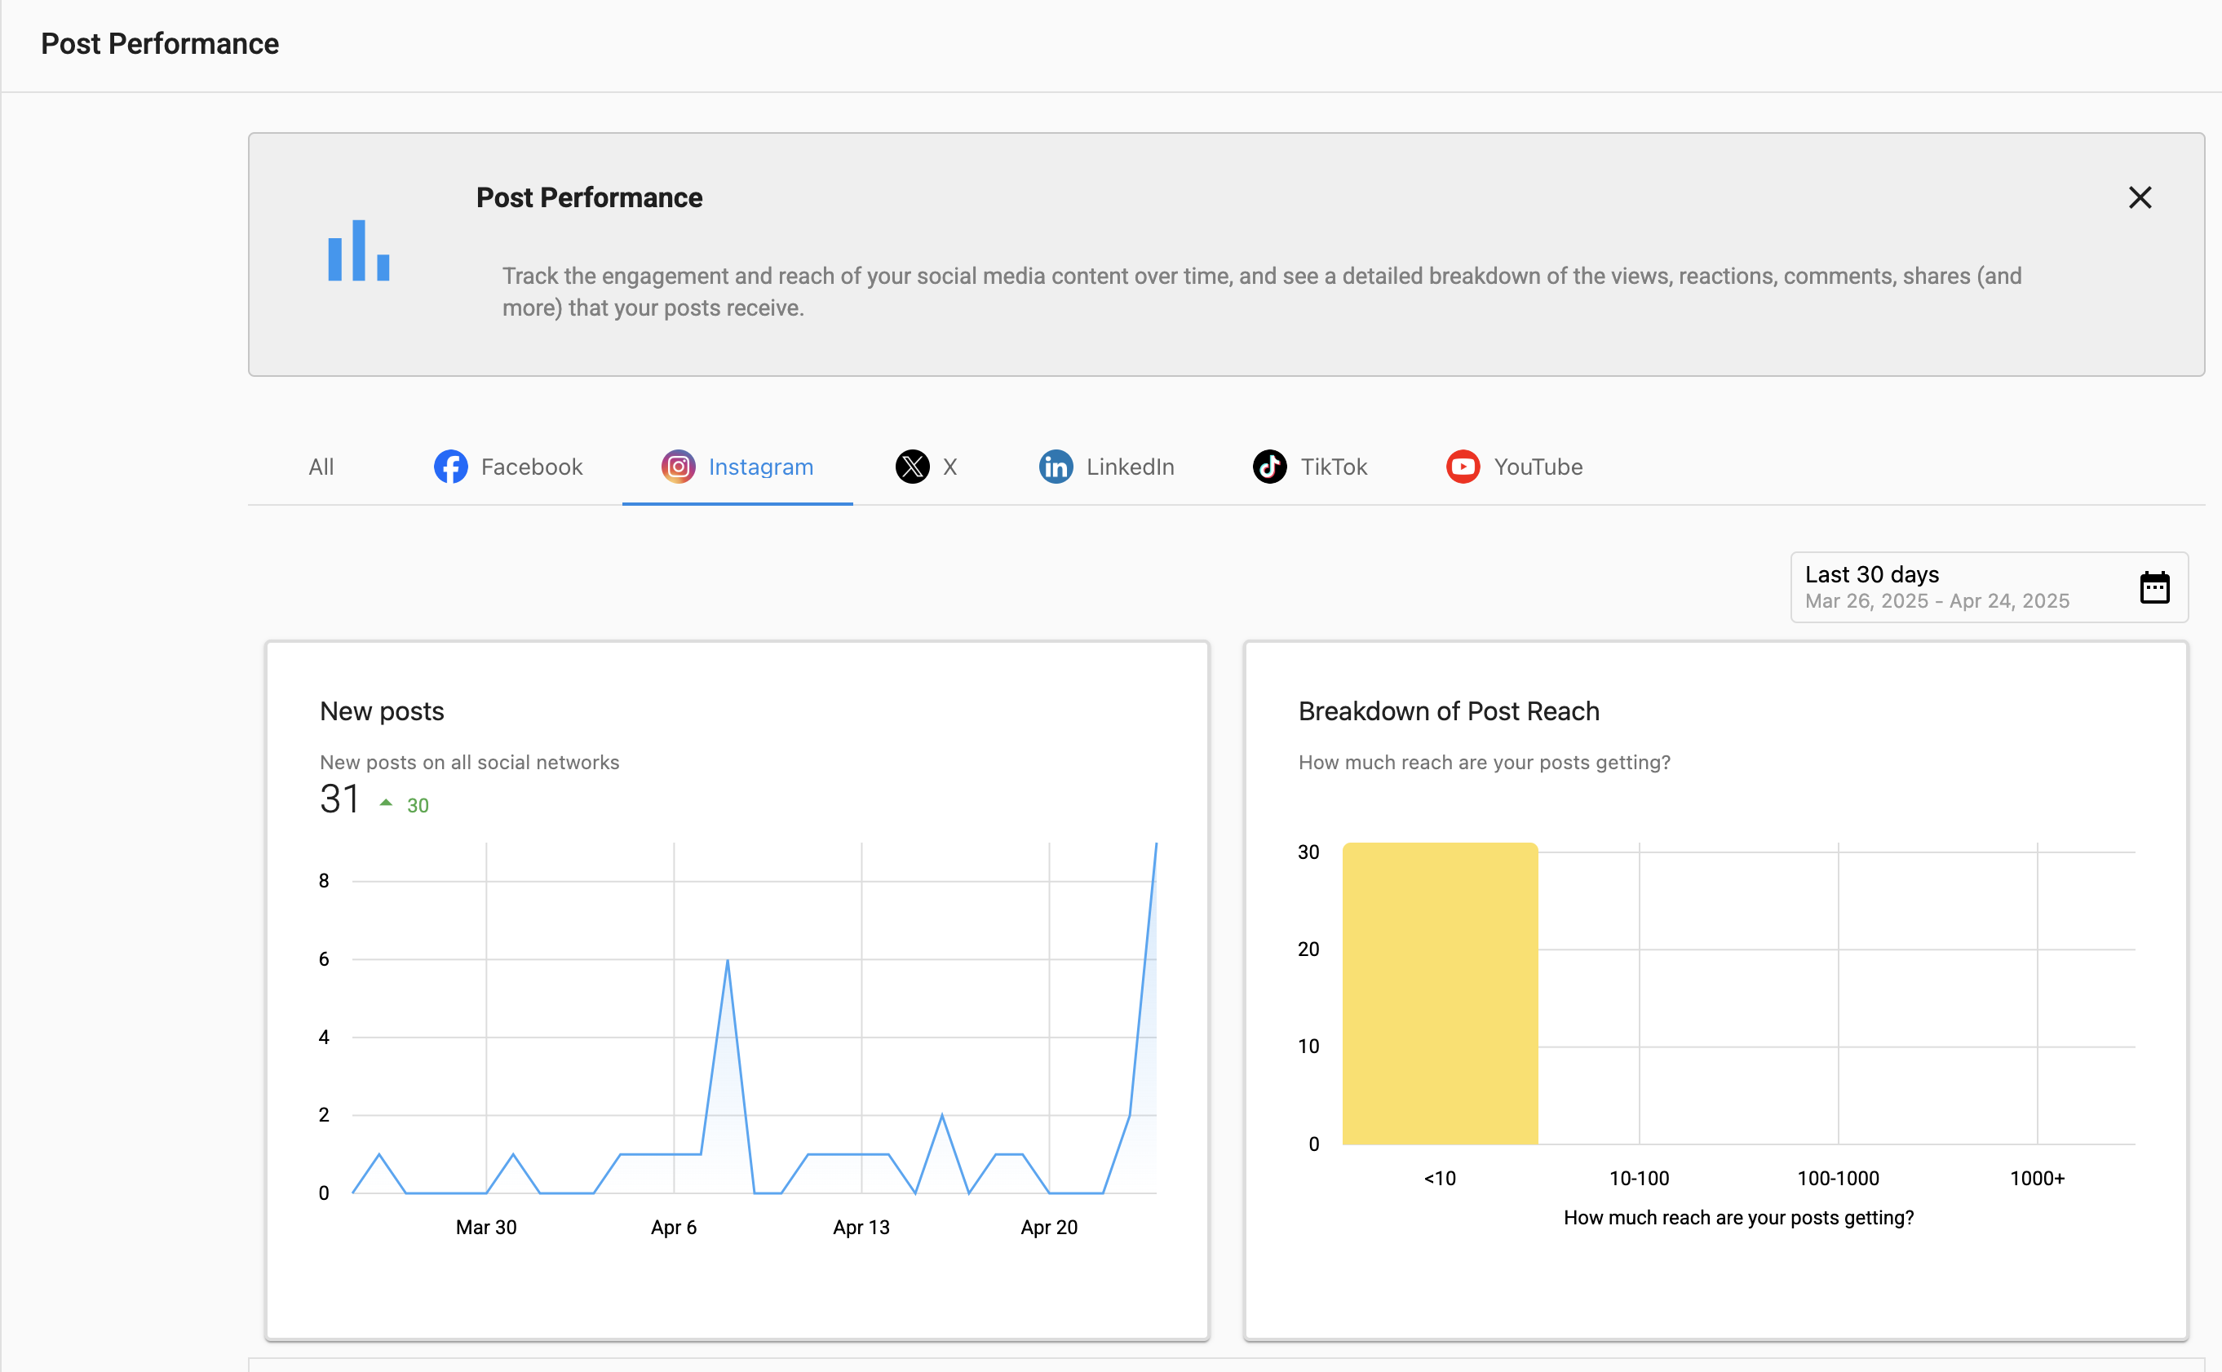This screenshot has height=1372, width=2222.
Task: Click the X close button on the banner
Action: click(2140, 198)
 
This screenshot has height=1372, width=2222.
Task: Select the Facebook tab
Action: click(509, 467)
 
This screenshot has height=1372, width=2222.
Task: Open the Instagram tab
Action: click(737, 467)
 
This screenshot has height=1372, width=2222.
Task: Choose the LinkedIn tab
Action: click(1107, 467)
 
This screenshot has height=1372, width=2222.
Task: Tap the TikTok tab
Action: click(1310, 467)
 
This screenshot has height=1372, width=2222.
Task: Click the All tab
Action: click(321, 467)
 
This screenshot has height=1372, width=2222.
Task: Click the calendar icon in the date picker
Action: click(2154, 588)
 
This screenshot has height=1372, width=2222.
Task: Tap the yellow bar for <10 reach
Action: click(1440, 994)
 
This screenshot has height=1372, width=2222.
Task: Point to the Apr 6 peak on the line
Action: click(728, 961)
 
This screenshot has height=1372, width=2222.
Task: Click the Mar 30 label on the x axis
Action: click(486, 1228)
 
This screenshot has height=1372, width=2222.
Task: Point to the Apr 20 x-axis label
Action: click(1049, 1228)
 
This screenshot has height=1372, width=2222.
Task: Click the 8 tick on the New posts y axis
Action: click(324, 881)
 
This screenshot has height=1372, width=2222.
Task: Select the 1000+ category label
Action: click(2037, 1179)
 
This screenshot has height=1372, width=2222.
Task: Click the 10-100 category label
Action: click(1639, 1179)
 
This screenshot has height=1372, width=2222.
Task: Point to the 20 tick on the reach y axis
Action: click(1308, 949)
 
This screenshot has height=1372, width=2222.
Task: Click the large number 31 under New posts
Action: click(340, 799)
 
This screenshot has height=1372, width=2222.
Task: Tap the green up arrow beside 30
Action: click(386, 803)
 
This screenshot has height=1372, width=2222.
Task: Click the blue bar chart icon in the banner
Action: click(358, 250)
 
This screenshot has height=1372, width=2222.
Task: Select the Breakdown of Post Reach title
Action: click(1448, 711)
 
